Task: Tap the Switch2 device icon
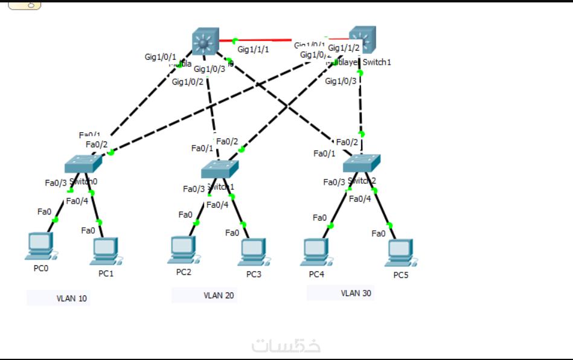(x=362, y=163)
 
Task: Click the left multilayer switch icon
(x=205, y=42)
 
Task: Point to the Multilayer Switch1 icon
(x=362, y=40)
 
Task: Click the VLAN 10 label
(x=71, y=298)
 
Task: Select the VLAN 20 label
(x=218, y=295)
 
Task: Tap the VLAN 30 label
(x=356, y=294)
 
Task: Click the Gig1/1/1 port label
(x=253, y=50)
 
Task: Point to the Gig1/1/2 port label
(x=344, y=48)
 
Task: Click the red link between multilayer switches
(x=278, y=40)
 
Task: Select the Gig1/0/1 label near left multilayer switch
(x=160, y=57)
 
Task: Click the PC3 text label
(x=254, y=274)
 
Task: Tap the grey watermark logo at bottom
(x=286, y=346)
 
